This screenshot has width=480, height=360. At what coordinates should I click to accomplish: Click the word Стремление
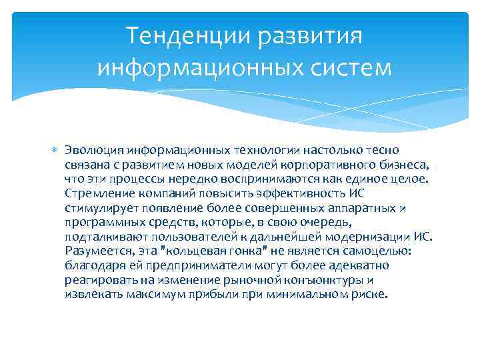pyautogui.click(x=98, y=193)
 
